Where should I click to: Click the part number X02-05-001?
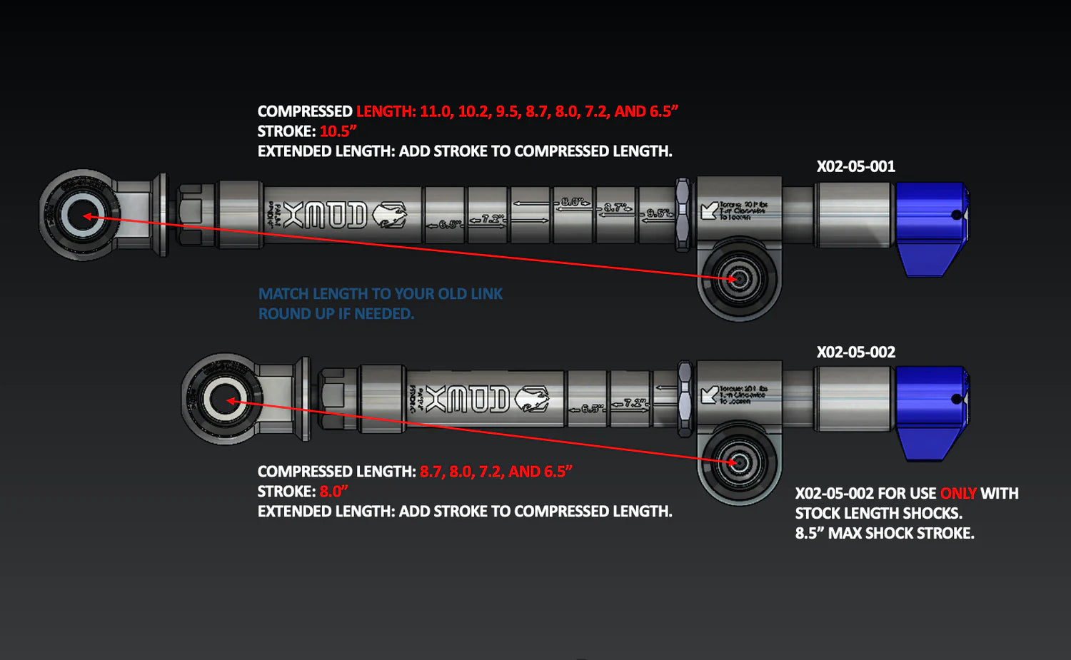pos(855,167)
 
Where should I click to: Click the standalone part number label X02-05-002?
pos(855,352)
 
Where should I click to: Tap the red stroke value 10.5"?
pos(338,131)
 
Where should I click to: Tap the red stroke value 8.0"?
pos(333,492)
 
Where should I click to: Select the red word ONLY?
pos(957,494)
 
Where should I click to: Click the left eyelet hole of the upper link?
pos(83,215)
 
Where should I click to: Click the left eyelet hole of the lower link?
pos(225,400)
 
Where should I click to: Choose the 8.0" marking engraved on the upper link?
pos(573,203)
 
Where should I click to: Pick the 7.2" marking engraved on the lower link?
pos(633,403)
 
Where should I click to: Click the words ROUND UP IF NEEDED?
pos(336,314)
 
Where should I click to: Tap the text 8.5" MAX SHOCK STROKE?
pos(884,534)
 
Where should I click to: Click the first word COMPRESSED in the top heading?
pos(305,111)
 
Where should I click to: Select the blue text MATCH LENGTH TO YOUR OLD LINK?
pos(380,294)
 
